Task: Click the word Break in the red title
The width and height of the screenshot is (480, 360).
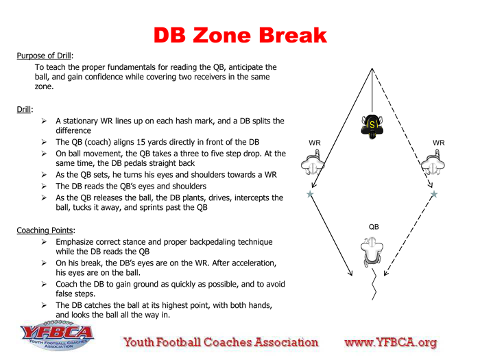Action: pyautogui.click(x=293, y=35)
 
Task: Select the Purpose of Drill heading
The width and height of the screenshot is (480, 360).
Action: pyautogui.click(x=44, y=56)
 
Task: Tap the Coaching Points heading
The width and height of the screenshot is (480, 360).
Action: pyautogui.click(x=45, y=230)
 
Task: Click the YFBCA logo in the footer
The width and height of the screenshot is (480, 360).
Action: pyautogui.click(x=57, y=335)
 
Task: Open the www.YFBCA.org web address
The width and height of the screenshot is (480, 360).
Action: pyautogui.click(x=391, y=342)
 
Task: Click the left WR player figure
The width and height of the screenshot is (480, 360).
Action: pyautogui.click(x=313, y=163)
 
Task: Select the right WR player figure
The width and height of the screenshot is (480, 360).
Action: pyautogui.click(x=433, y=163)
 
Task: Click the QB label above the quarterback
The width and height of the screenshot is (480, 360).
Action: pyautogui.click(x=374, y=227)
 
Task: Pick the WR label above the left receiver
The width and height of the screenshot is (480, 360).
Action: pyautogui.click(x=315, y=143)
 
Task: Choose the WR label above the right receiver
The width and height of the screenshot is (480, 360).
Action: pyautogui.click(x=439, y=143)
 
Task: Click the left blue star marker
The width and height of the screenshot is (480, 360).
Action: pyautogui.click(x=310, y=194)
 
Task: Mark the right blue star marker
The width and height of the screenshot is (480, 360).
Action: pyautogui.click(x=434, y=194)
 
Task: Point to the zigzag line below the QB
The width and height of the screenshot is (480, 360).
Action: pyautogui.click(x=374, y=284)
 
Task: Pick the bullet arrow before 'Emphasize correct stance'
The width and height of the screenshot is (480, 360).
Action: pyautogui.click(x=44, y=242)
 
